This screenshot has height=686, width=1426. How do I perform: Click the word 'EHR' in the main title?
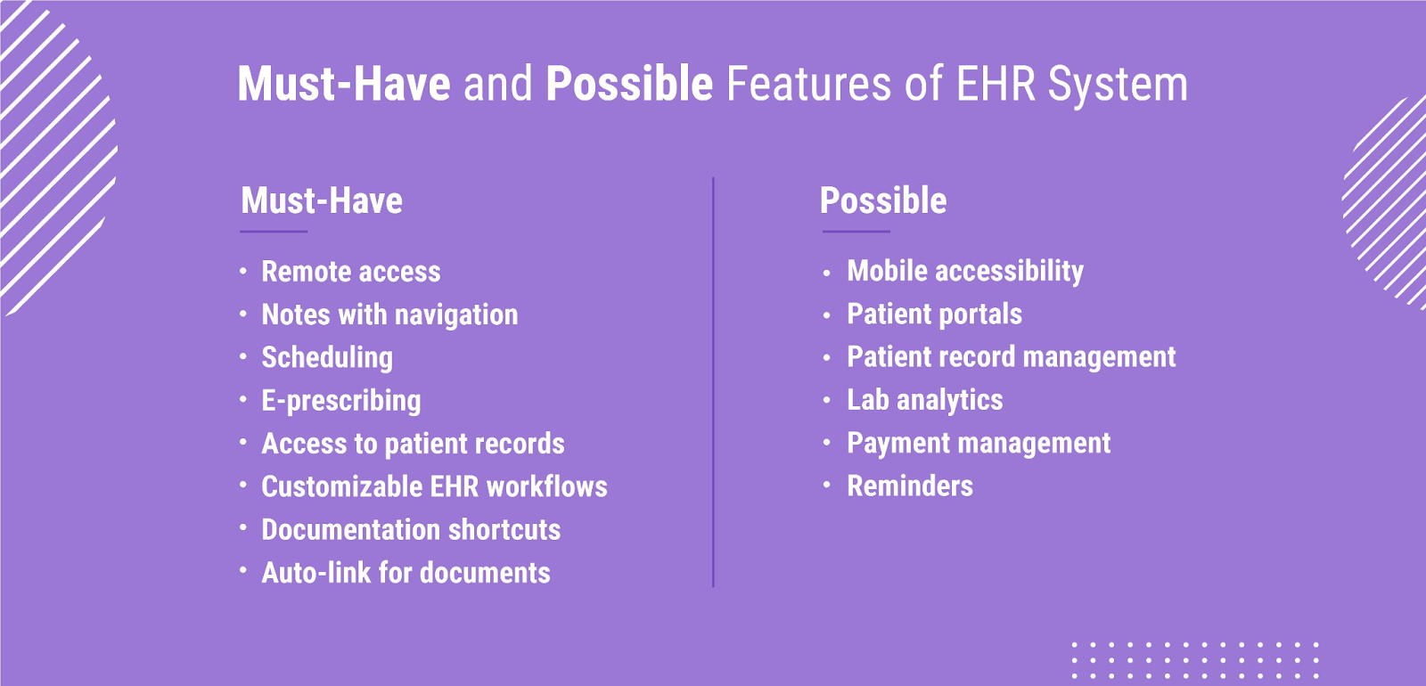coord(996,84)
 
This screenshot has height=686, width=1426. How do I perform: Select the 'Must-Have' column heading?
coord(322,200)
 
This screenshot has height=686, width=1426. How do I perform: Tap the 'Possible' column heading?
coord(883,200)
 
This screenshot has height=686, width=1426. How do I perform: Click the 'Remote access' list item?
coord(351,272)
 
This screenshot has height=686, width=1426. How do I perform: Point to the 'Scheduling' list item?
coord(327,357)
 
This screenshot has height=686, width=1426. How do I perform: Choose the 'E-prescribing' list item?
coord(341,401)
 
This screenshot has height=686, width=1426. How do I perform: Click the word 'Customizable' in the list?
coord(342,486)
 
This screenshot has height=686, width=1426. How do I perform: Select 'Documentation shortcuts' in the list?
coord(411,530)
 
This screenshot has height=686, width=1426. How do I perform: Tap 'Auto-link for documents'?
coord(406,573)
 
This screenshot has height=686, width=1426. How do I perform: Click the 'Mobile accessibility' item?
coord(965,272)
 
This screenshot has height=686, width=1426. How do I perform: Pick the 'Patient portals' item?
coord(935,314)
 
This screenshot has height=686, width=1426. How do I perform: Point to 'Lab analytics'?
coord(925,400)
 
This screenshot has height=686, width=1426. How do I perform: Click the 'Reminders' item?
coord(910,486)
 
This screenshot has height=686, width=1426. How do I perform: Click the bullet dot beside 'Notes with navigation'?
coord(243,313)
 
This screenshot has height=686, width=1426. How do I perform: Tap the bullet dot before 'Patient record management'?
coord(826,357)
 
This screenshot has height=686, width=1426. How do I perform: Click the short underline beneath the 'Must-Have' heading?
coord(274,232)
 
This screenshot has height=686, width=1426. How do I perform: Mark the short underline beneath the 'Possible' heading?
coord(856,232)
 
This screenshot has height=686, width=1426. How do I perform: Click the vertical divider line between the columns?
coord(713,382)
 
